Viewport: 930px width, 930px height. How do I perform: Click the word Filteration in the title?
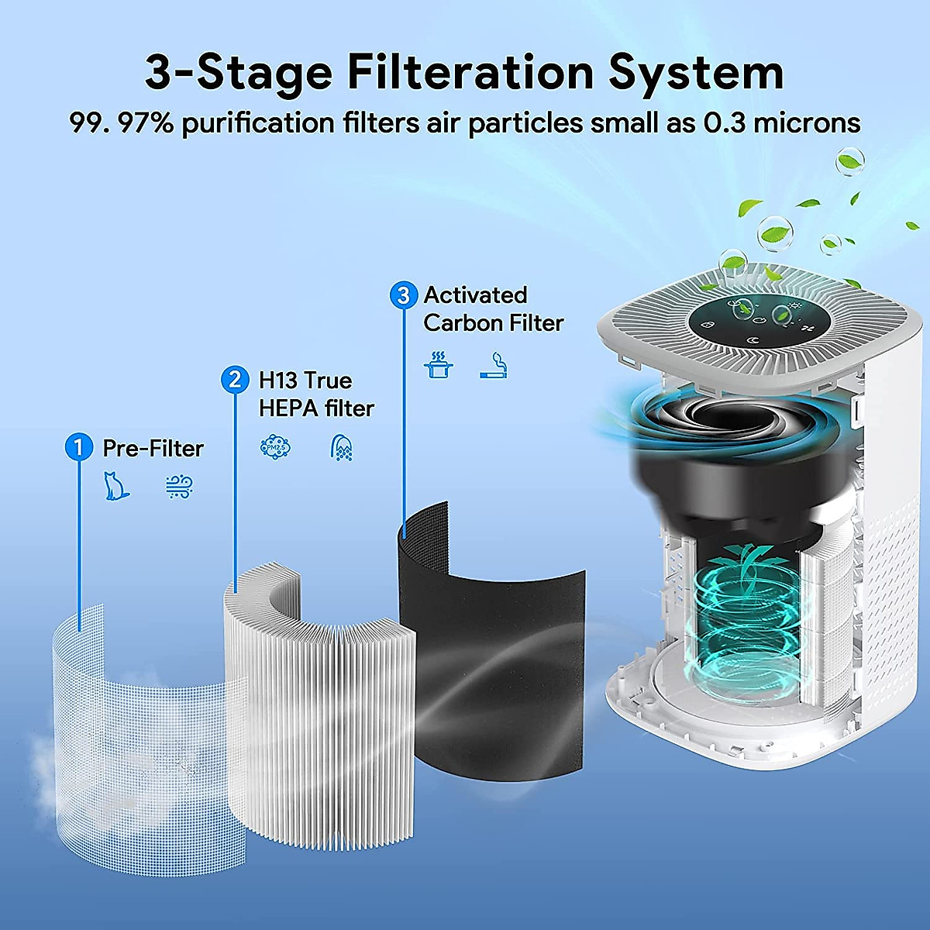tap(469, 72)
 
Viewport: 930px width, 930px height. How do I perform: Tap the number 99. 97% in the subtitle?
tap(122, 123)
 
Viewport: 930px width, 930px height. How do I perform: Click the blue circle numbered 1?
tap(77, 447)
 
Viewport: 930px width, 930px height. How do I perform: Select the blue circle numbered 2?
tap(234, 379)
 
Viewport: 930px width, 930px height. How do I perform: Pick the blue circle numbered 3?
tap(402, 294)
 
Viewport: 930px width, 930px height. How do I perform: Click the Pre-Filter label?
tap(153, 448)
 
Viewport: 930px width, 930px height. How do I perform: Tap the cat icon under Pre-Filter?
tap(115, 486)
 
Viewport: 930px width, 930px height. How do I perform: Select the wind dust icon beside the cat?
tap(179, 487)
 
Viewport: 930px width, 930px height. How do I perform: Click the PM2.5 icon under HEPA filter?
tap(274, 446)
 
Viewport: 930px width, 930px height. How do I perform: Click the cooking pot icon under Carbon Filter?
tap(439, 364)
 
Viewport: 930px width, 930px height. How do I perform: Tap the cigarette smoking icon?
tap(494, 365)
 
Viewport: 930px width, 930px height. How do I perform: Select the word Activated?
tap(475, 295)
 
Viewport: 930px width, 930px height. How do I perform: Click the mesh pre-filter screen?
tap(139, 721)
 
